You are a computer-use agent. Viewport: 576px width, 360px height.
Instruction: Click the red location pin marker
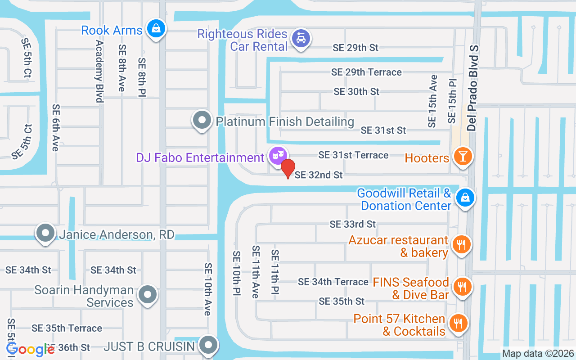pyautogui.click(x=288, y=168)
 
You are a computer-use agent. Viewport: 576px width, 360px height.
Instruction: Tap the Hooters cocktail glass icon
pyautogui.click(x=462, y=156)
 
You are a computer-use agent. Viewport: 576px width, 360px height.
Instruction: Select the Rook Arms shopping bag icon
pyautogui.click(x=156, y=29)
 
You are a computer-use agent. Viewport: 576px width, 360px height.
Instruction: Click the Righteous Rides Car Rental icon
pyautogui.click(x=300, y=38)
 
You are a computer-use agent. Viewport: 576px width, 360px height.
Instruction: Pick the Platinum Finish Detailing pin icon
pyautogui.click(x=202, y=120)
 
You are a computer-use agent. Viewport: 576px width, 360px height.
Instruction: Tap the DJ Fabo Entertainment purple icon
pyautogui.click(x=277, y=155)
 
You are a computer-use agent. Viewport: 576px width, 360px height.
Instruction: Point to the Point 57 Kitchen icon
pyautogui.click(x=458, y=323)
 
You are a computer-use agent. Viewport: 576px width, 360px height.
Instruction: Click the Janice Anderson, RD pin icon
pyautogui.click(x=45, y=233)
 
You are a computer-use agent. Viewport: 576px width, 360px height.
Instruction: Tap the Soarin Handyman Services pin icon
pyautogui.click(x=147, y=295)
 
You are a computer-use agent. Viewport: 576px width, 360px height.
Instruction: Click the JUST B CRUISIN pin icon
pyautogui.click(x=207, y=345)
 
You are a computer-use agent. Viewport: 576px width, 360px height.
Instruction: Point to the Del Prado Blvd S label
pyautogui.click(x=472, y=88)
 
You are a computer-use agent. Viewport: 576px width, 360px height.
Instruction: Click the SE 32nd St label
pyautogui.click(x=319, y=175)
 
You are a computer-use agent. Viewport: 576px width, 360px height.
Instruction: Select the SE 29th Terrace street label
pyautogui.click(x=366, y=72)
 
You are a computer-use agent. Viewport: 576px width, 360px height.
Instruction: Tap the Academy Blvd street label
pyautogui.click(x=99, y=71)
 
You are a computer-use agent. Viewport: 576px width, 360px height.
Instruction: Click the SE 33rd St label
pyautogui.click(x=352, y=224)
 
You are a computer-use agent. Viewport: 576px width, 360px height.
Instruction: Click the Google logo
pyautogui.click(x=31, y=349)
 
